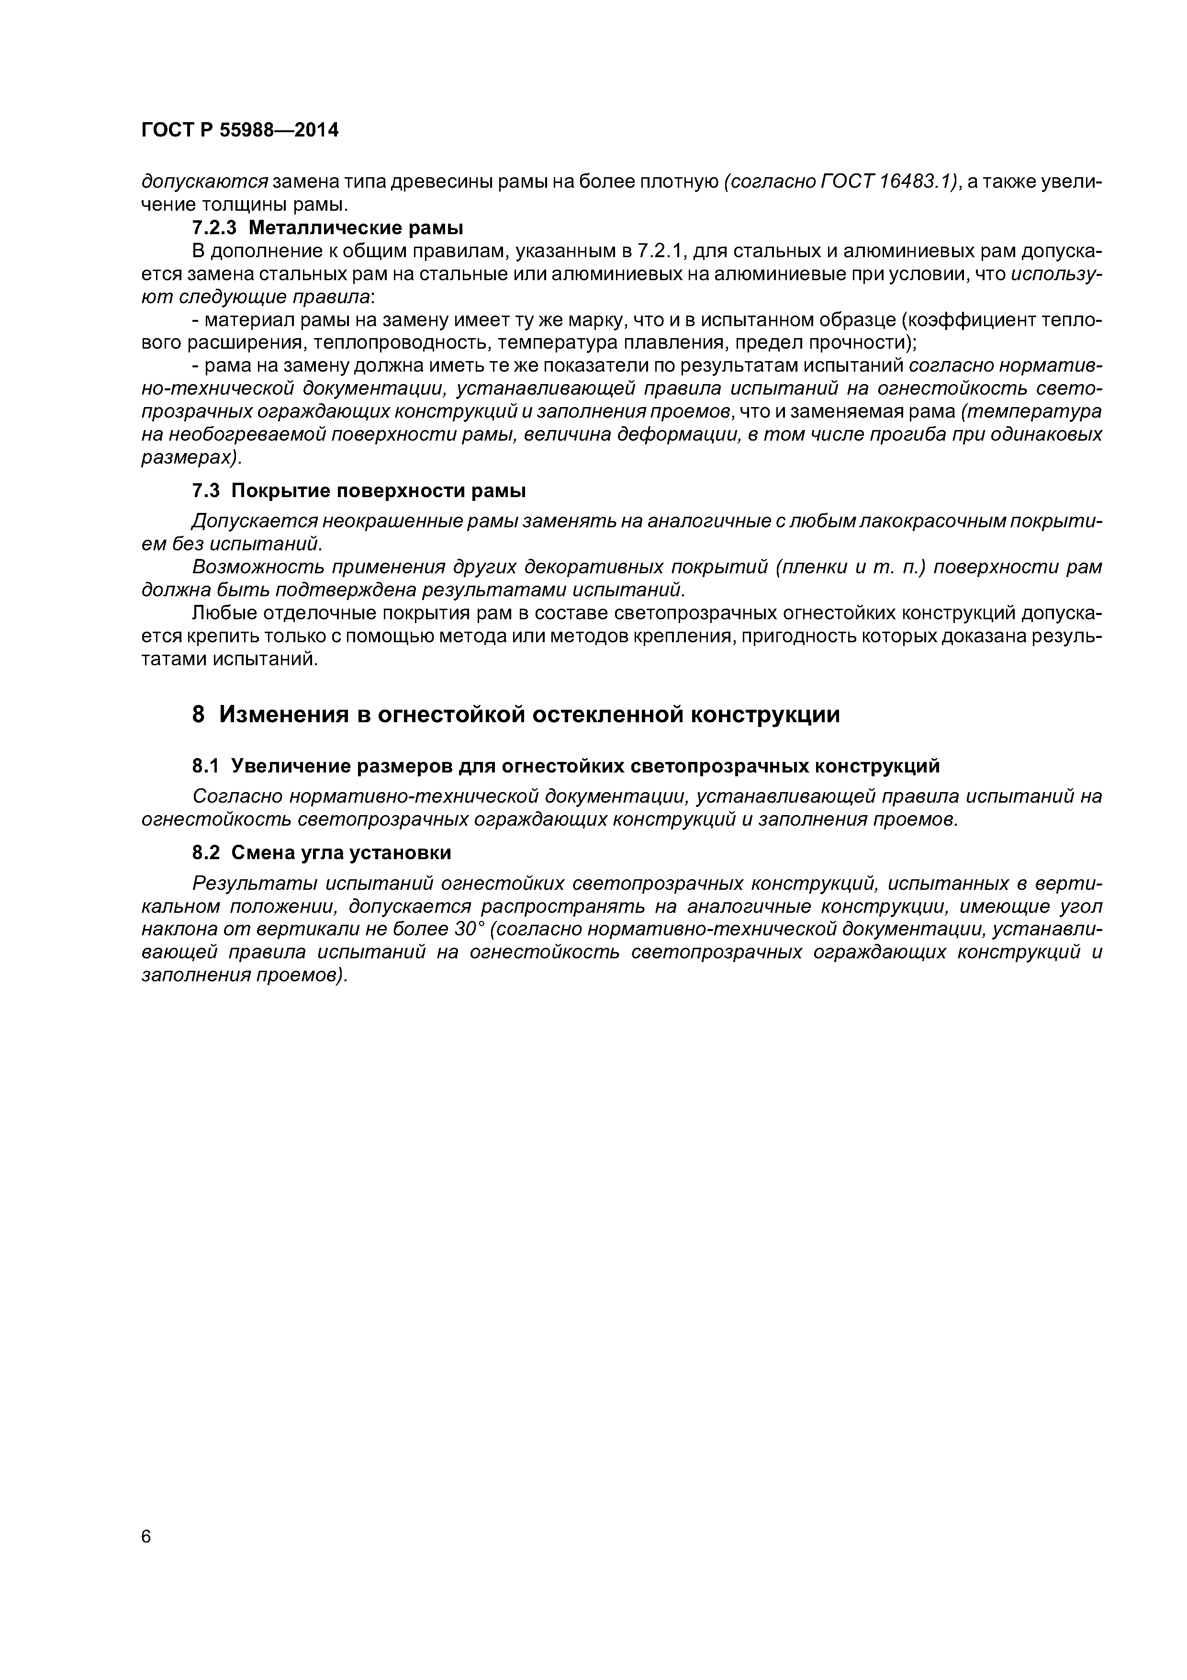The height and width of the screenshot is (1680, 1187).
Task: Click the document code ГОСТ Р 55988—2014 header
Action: point(240,131)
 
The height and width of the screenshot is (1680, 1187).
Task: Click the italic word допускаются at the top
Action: point(205,182)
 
